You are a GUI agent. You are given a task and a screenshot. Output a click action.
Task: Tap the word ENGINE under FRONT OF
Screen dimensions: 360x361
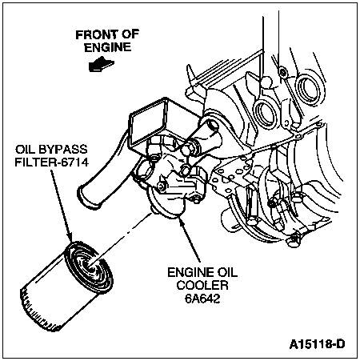[x=108, y=47]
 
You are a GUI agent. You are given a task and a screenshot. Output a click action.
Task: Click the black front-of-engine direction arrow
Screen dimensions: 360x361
[x=102, y=64]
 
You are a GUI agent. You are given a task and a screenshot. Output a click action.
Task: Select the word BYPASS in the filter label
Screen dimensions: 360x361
[x=63, y=150]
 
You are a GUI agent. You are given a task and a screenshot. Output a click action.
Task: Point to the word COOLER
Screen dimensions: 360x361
[x=202, y=285]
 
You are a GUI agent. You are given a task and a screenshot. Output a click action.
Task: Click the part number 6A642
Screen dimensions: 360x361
[x=202, y=299]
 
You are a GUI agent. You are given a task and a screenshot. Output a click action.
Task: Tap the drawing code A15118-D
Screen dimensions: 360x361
[x=317, y=344]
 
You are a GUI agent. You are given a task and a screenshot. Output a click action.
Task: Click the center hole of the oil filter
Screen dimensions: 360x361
[x=90, y=267]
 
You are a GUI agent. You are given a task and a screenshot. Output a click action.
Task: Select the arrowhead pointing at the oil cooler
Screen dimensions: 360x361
[x=182, y=223]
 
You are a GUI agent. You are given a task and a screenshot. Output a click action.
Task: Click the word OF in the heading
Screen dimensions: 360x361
[x=130, y=34]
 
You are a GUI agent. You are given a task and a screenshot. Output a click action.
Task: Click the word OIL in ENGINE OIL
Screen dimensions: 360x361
[x=226, y=272]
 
